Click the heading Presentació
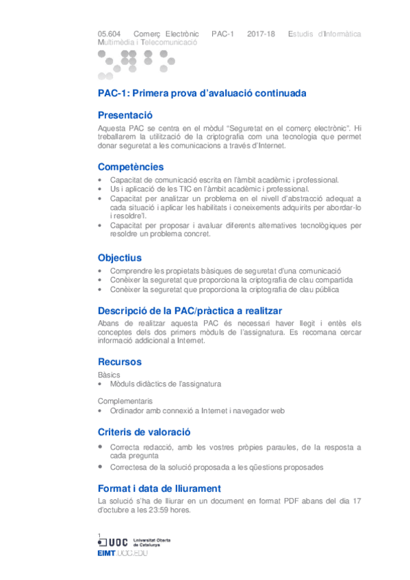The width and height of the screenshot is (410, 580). (x=125, y=115)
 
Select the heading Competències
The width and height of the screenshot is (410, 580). (x=131, y=167)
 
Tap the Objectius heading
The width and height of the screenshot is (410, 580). (x=120, y=258)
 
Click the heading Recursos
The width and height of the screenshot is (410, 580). (x=120, y=362)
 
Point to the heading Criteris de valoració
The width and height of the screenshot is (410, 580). (x=144, y=432)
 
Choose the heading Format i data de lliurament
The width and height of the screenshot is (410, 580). (x=159, y=488)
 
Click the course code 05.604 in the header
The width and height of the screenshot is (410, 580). (x=110, y=34)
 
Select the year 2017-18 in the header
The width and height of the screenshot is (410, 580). (x=261, y=34)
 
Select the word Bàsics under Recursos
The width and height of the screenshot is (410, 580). (x=110, y=375)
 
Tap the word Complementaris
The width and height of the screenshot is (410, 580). (x=125, y=401)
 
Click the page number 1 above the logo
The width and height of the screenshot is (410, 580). (x=100, y=535)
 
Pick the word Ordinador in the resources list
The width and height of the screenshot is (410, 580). (x=125, y=411)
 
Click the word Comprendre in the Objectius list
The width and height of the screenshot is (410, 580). (x=129, y=272)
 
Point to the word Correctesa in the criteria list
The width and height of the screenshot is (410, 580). (x=127, y=467)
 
